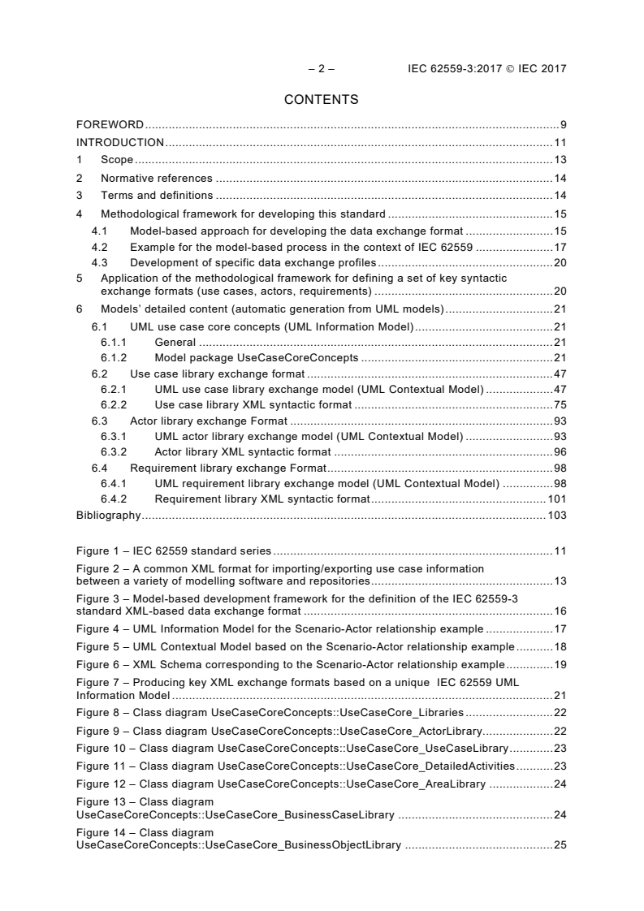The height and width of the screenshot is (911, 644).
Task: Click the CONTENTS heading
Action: tap(321, 100)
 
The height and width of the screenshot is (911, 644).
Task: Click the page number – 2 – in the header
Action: tap(321, 69)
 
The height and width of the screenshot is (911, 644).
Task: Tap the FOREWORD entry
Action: tap(110, 125)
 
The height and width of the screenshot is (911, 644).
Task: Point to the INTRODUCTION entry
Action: tap(120, 142)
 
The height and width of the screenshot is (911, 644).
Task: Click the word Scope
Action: tap(117, 160)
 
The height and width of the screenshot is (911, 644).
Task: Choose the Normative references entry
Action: tap(156, 178)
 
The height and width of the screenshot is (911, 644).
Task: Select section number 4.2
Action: tap(99, 247)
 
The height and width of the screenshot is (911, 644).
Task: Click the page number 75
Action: tap(560, 404)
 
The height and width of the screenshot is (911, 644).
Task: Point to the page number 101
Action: tap(557, 499)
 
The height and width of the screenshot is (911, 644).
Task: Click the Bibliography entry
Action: tap(108, 515)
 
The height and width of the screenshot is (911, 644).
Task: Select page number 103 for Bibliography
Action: tap(556, 515)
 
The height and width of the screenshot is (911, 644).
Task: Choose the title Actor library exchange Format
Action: tap(209, 421)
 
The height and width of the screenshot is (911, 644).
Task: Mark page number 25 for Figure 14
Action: tap(560, 845)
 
